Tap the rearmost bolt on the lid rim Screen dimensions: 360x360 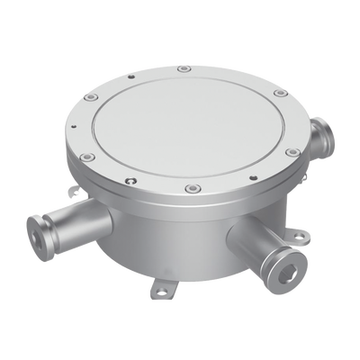point(184,68)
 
